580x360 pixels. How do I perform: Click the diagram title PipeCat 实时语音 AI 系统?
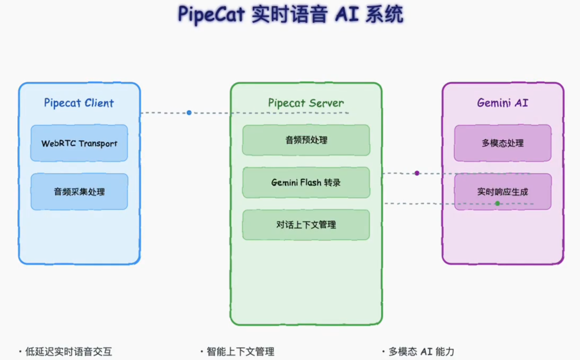point(291,15)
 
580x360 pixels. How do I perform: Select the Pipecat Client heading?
point(79,103)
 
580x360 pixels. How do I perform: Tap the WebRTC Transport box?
point(79,143)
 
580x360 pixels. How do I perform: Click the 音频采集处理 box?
point(79,191)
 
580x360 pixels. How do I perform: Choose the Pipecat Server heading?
point(306,103)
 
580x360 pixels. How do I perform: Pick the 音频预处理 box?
point(306,140)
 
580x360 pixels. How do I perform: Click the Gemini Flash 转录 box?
point(306,183)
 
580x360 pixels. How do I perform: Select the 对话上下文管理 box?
point(306,225)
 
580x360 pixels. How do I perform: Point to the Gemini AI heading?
point(503,103)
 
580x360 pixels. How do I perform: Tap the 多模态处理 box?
point(503,143)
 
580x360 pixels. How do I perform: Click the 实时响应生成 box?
point(503,191)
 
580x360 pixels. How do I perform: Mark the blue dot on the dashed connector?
point(189,113)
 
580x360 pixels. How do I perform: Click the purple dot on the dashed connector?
point(417,173)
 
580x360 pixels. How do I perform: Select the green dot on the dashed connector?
point(497,203)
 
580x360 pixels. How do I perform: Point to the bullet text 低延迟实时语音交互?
point(69,352)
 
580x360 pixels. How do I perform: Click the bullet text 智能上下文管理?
point(240,352)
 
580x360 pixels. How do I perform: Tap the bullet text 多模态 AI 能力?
point(422,352)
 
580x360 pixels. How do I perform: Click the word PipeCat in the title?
point(212,15)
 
